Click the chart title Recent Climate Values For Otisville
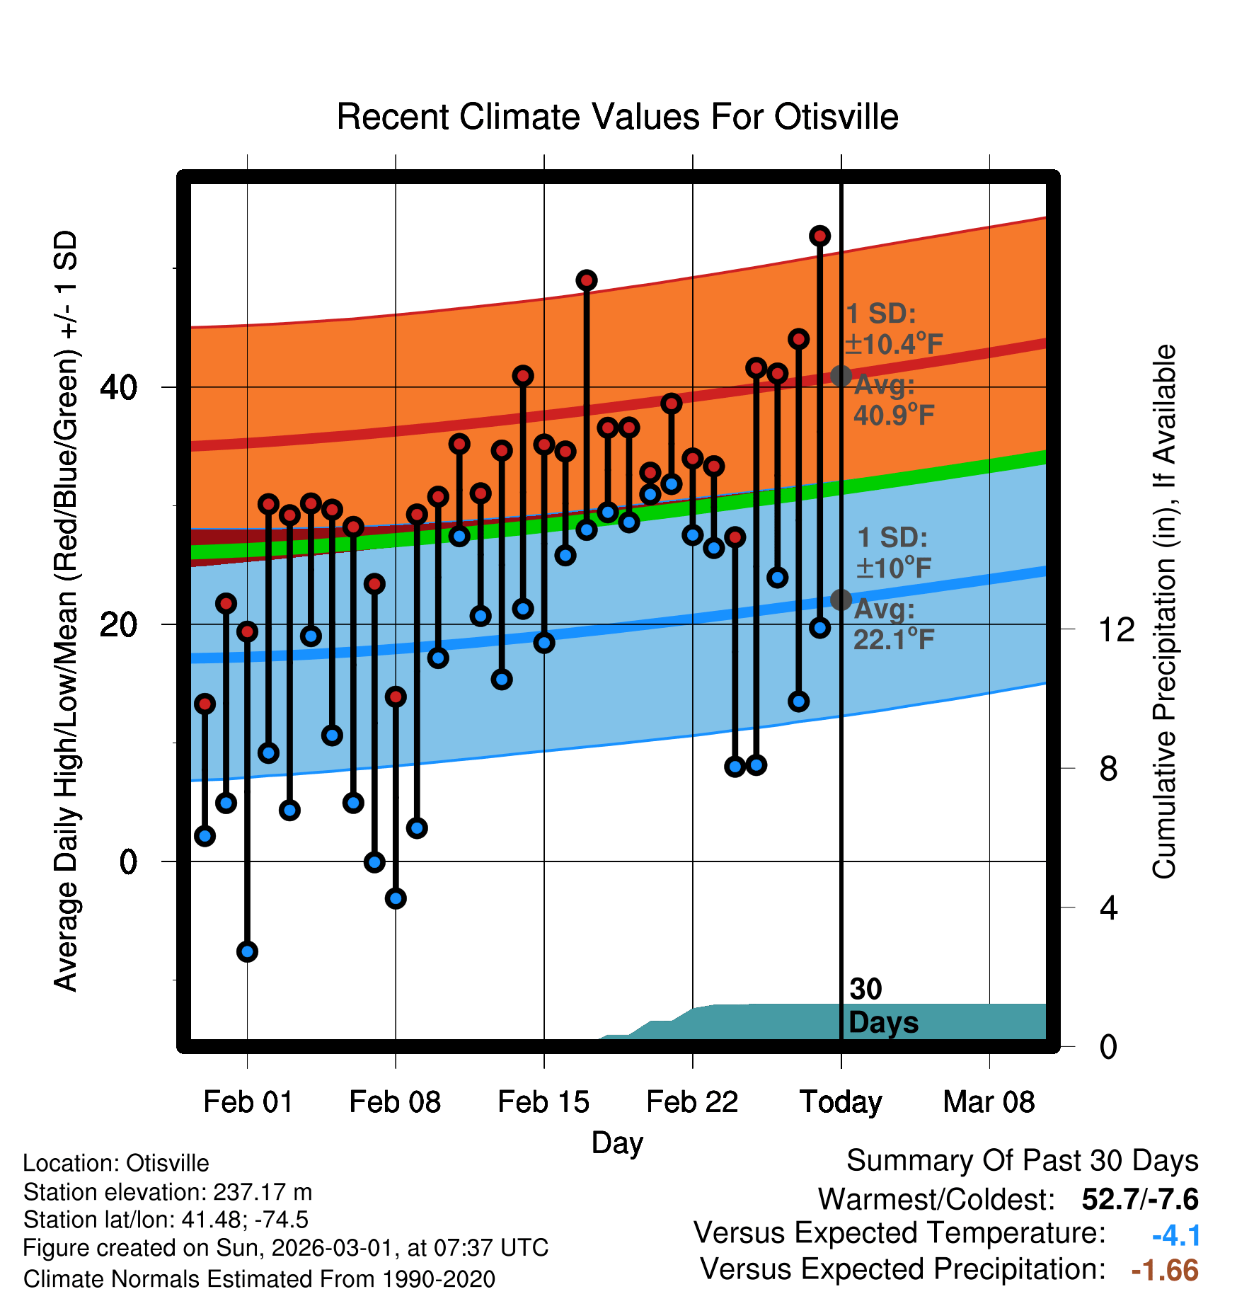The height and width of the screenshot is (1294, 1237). tap(617, 117)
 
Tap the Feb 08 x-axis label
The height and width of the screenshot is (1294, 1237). tap(395, 1102)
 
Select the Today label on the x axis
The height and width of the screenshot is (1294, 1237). tap(841, 1102)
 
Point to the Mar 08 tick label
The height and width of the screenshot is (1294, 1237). tap(989, 1102)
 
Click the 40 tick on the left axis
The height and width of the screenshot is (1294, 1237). tap(119, 387)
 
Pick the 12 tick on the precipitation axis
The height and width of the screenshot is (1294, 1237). tap(1116, 629)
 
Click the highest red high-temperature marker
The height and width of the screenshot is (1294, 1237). tap(819, 236)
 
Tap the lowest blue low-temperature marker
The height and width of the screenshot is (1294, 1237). tap(247, 951)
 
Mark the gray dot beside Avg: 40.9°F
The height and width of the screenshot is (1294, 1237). tap(841, 376)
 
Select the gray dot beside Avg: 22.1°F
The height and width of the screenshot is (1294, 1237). tap(841, 600)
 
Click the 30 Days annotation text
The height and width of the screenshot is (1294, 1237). tap(882, 1006)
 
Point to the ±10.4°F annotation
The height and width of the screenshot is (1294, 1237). tap(894, 345)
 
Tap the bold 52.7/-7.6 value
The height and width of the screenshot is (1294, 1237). tap(1139, 1199)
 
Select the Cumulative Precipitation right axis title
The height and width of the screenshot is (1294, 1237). tap(1164, 612)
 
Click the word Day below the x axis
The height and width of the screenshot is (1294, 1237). tap(617, 1143)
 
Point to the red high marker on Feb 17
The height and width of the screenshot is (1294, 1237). tap(586, 280)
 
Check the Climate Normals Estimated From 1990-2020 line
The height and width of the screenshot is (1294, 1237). tap(259, 1278)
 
